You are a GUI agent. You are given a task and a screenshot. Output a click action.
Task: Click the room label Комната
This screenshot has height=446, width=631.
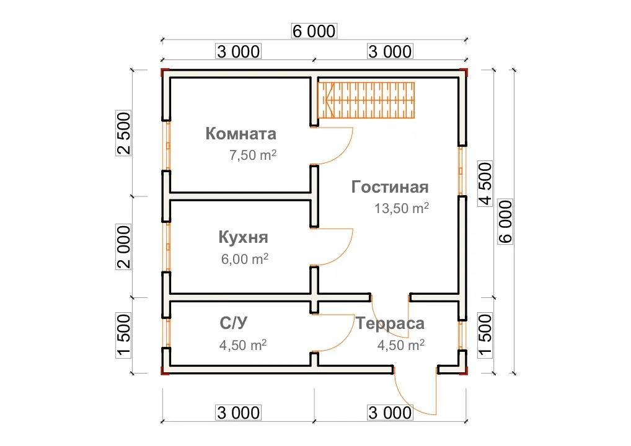pos(240,134)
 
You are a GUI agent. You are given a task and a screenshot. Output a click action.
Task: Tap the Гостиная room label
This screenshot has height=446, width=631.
pos(390,187)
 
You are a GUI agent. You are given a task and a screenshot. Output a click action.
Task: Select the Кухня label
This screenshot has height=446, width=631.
pos(243,237)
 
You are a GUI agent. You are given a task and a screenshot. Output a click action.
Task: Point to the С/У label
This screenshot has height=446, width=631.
pos(234,323)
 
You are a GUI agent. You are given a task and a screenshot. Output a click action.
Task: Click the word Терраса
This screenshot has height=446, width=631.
pos(390,324)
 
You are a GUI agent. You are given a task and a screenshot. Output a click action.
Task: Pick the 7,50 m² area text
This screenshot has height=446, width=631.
pos(253,155)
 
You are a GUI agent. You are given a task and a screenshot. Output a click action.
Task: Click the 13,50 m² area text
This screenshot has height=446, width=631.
pos(402,208)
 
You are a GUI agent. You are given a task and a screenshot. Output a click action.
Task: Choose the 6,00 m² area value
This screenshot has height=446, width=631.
pos(245,258)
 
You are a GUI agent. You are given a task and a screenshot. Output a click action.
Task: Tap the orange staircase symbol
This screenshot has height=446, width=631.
pos(366,100)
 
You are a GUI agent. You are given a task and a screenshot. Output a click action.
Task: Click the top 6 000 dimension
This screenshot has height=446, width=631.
pos(314,31)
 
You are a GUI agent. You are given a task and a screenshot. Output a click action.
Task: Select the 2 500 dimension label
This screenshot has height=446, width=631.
pos(123,133)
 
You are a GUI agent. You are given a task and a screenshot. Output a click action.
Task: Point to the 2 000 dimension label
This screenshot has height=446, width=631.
pos(123,247)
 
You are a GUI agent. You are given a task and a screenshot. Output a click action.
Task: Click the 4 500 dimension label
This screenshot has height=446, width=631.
pos(485,184)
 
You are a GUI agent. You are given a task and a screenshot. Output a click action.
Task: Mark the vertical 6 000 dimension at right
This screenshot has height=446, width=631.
pos(505,222)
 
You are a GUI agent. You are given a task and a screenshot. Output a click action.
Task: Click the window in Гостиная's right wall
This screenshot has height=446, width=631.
pos(461,171)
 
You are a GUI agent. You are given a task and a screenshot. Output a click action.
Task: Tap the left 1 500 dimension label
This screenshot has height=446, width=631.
pos(123,336)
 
